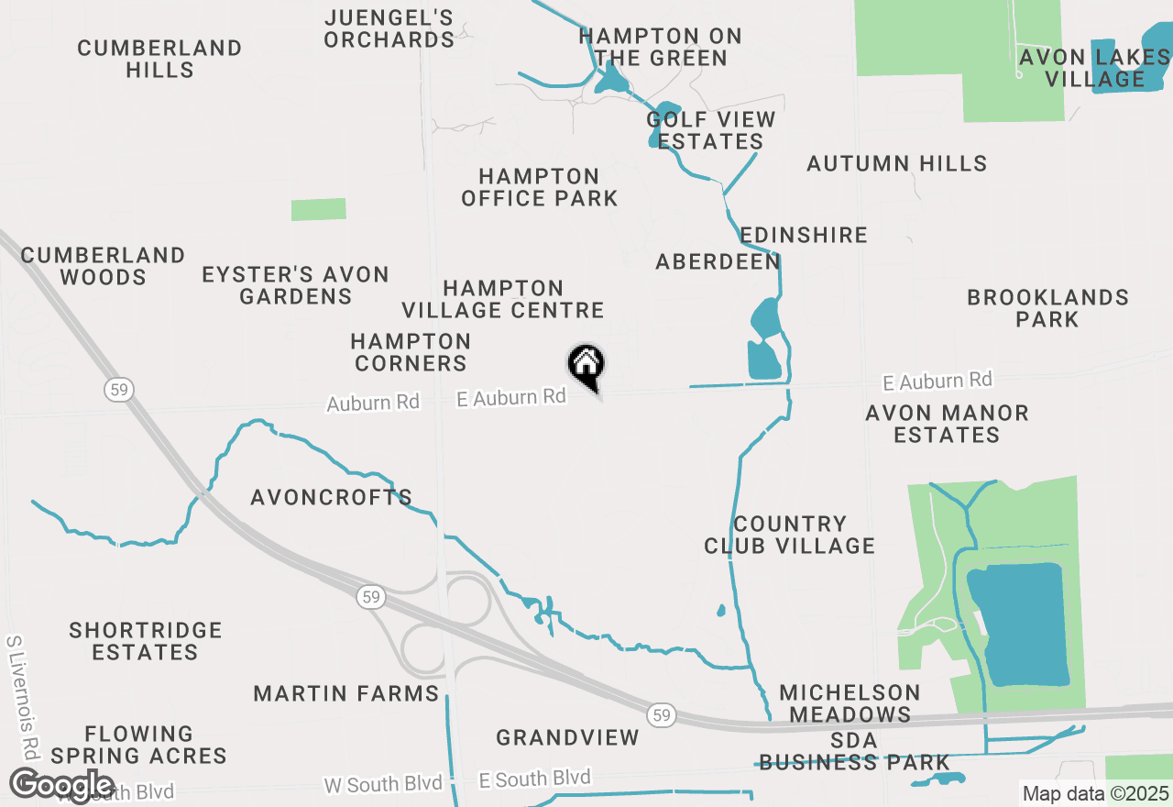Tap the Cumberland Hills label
[x=159, y=59]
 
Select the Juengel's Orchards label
[x=389, y=28]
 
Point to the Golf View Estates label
[x=711, y=130]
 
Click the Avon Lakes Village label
[x=1095, y=68]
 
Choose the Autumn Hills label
[x=896, y=163]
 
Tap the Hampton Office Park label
[x=539, y=187]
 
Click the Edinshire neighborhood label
[x=804, y=235]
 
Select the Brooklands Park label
[x=1047, y=308]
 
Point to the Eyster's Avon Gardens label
[x=295, y=285]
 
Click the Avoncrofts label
[x=332, y=497]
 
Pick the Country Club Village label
[x=789, y=535]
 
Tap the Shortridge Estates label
[x=146, y=641]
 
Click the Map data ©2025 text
[x=1095, y=793]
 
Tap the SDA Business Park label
[x=854, y=751]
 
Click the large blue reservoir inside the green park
[x=1018, y=624]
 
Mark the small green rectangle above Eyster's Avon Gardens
[x=318, y=209]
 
